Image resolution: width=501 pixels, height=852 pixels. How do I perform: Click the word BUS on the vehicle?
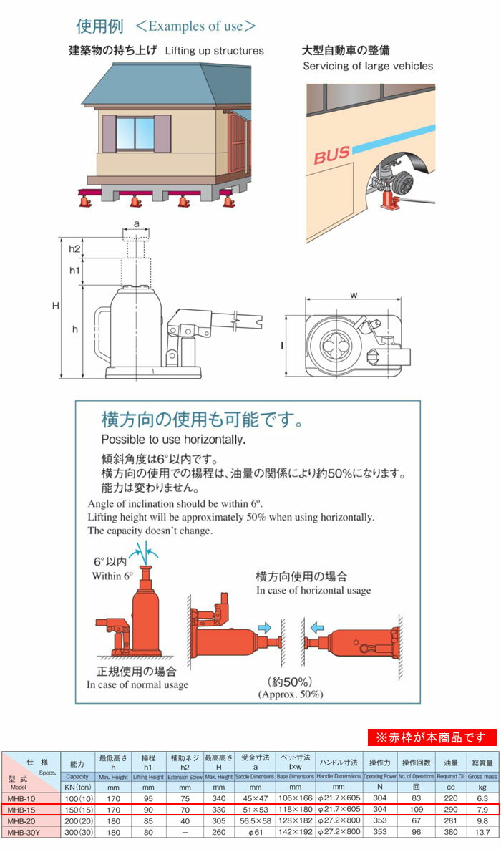click(331, 155)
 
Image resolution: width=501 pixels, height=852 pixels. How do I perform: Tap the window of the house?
click(135, 132)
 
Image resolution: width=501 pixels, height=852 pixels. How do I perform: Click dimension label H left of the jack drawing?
click(55, 306)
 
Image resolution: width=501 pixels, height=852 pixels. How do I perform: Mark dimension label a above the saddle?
click(136, 223)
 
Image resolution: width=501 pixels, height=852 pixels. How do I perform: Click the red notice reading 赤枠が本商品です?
click(432, 737)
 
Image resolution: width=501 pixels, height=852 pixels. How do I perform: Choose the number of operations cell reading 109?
click(419, 808)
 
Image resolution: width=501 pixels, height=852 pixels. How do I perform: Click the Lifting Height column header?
click(149, 776)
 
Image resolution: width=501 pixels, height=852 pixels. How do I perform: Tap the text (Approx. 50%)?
click(290, 694)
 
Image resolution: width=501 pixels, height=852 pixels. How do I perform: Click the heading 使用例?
click(99, 26)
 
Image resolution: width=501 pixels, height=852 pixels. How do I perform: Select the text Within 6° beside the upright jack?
click(112, 575)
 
